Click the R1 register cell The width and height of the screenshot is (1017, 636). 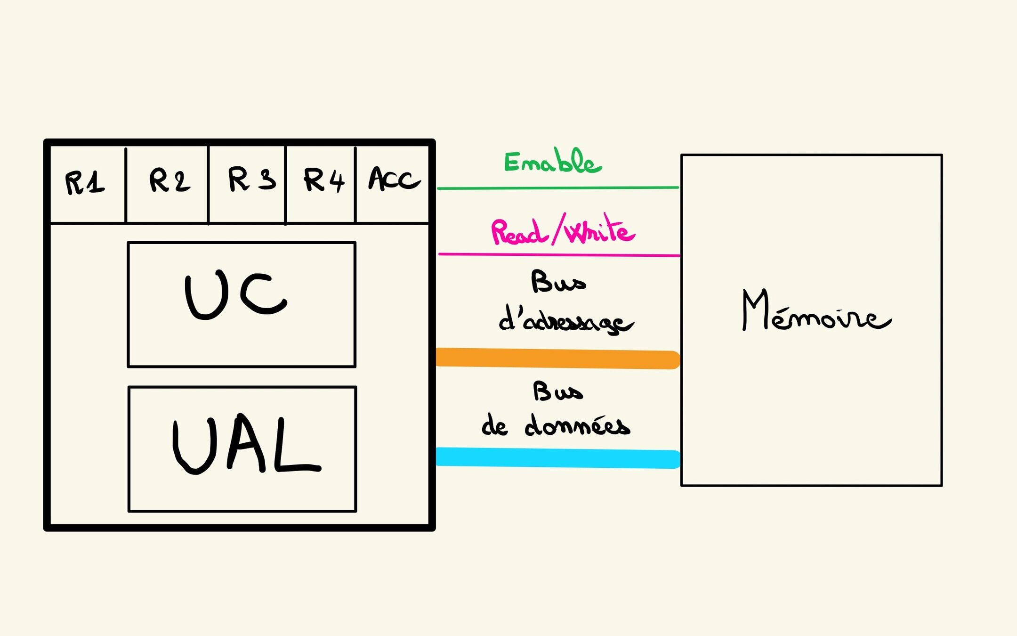tap(87, 184)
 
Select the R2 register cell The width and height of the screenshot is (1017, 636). tap(167, 184)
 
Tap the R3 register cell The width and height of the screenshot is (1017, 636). tap(247, 184)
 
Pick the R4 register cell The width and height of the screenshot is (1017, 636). tap(321, 184)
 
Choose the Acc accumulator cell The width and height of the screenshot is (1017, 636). tap(393, 184)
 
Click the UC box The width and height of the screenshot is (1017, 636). tap(242, 304)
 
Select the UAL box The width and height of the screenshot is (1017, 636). tap(242, 448)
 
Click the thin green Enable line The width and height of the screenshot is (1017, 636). tap(558, 188)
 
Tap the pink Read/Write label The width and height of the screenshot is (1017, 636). tap(563, 231)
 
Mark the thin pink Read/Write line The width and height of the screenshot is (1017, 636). tap(559, 255)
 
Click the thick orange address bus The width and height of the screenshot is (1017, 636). tap(558, 359)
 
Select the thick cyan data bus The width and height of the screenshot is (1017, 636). tap(558, 458)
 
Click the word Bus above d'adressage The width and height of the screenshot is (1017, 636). tap(558, 282)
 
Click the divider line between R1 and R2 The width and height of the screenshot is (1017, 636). tap(126, 185)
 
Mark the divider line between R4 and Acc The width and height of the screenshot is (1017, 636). tap(355, 185)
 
